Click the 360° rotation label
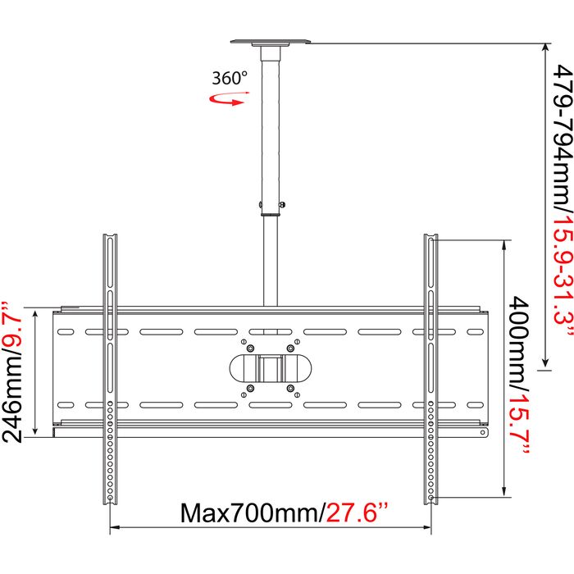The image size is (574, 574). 230,78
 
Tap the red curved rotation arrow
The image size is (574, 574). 228,100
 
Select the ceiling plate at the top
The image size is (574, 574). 270,42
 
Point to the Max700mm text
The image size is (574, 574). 253,512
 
